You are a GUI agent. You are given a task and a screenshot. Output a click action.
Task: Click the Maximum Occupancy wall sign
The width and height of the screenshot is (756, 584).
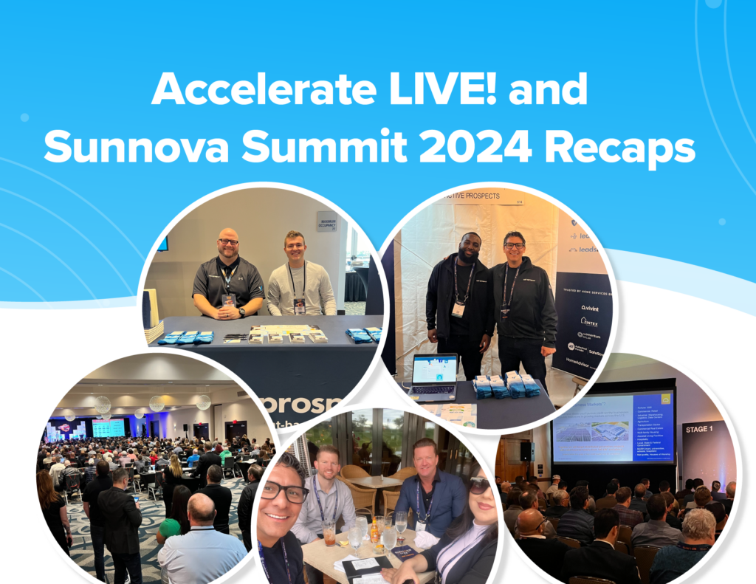(x=327, y=221)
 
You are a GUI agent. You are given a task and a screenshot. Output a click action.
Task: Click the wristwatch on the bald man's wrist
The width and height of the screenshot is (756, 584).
(x=241, y=312)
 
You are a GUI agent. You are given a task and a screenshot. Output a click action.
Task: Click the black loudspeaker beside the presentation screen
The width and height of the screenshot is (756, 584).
(x=526, y=451)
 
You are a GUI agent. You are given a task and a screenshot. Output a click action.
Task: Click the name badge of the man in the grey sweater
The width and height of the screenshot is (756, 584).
(x=299, y=304)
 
